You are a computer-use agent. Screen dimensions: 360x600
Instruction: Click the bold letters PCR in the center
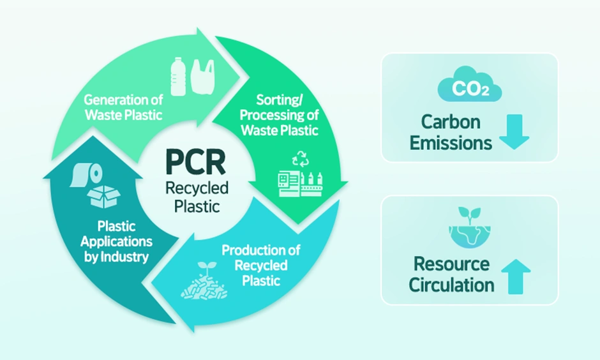click(195, 162)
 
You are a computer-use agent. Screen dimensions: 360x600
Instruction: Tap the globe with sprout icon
click(469, 227)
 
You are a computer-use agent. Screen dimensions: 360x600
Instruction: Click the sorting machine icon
click(299, 184)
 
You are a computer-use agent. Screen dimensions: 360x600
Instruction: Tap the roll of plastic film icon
click(86, 173)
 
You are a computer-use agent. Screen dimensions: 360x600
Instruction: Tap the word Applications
click(124, 242)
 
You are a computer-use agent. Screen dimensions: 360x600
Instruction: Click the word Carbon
click(451, 121)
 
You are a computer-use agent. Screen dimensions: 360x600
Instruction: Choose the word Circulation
click(451, 284)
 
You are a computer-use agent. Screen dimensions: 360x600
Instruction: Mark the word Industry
click(130, 258)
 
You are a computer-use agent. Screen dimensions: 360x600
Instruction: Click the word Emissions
click(451, 142)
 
